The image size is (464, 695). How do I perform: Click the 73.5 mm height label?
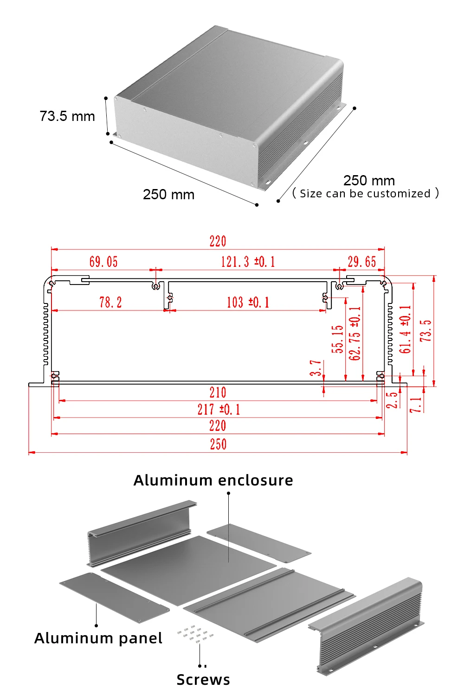pyautogui.click(x=67, y=116)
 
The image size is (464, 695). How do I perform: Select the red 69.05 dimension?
pyautogui.click(x=103, y=262)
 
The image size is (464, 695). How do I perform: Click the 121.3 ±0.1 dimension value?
pyautogui.click(x=248, y=262)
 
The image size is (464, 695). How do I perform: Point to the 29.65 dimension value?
pyautogui.click(x=362, y=262)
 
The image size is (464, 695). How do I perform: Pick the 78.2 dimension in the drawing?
pyautogui.click(x=110, y=302)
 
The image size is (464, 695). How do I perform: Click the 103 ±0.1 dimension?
pyautogui.click(x=248, y=302)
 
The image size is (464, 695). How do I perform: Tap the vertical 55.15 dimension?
pyautogui.click(x=337, y=339)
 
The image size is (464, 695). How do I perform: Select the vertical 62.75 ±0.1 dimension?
pyautogui.click(x=355, y=334)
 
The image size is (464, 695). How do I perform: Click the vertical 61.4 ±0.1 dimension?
pyautogui.click(x=405, y=329)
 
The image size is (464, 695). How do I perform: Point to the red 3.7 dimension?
pyautogui.click(x=316, y=368)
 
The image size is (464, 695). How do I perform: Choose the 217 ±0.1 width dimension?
pyautogui.click(x=219, y=410)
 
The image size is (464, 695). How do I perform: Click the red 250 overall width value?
pyautogui.click(x=218, y=444)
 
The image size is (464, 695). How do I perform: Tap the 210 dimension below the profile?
pyautogui.click(x=218, y=393)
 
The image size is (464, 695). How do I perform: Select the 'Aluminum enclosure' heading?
pyautogui.click(x=213, y=480)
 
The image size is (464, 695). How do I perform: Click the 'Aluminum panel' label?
pyautogui.click(x=98, y=638)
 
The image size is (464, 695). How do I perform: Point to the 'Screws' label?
pyautogui.click(x=203, y=680)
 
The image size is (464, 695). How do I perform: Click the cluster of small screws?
pyautogui.click(x=195, y=634)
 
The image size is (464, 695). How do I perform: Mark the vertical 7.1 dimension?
pyautogui.click(x=416, y=404)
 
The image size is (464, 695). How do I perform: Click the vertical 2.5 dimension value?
pyautogui.click(x=392, y=400)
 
